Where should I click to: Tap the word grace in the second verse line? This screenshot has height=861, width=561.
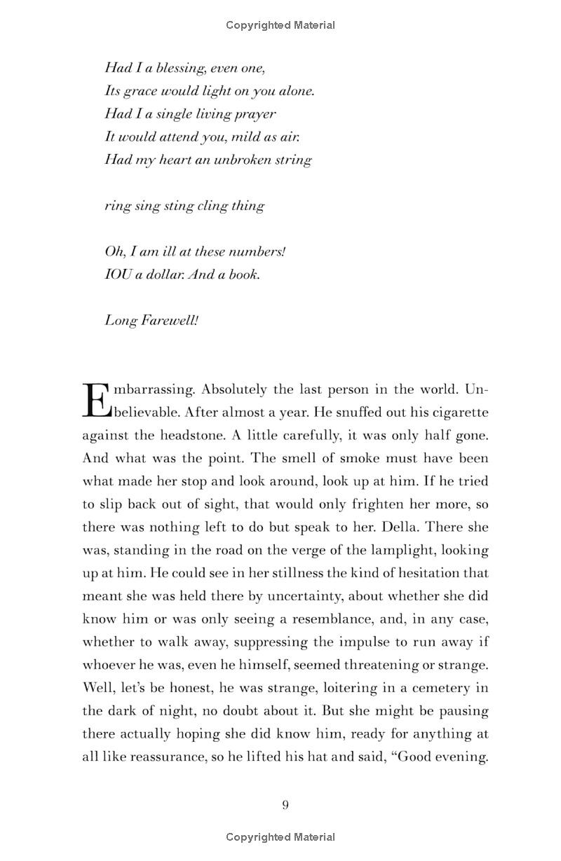point(139,91)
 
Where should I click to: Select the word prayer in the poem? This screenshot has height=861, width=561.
point(257,113)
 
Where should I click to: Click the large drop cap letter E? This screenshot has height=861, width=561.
point(97,400)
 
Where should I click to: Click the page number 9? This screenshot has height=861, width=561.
point(285,805)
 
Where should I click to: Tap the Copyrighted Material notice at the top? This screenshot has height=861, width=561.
point(280,25)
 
